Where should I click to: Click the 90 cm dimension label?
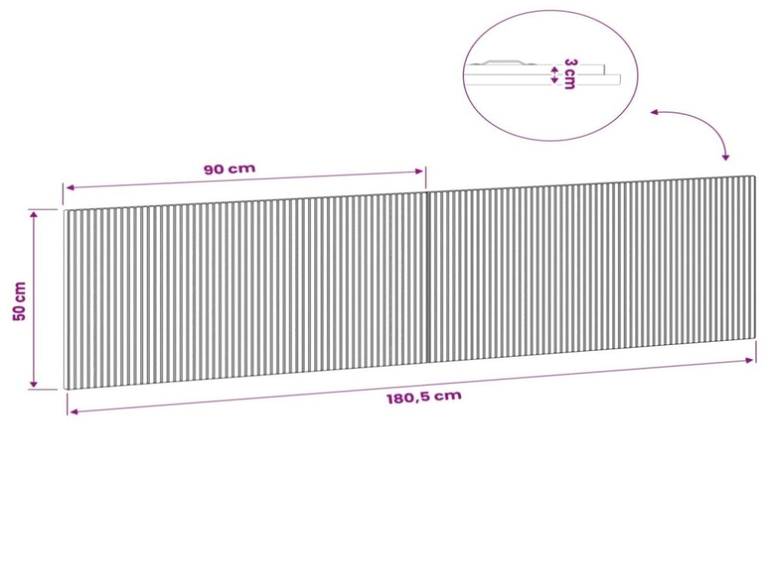coord(230,169)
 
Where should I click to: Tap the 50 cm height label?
coord(20,301)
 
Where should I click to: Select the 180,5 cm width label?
coord(424,397)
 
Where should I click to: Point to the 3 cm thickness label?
coord(570,74)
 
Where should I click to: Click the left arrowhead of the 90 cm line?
coord(70,187)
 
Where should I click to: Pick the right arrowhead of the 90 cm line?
coord(419,171)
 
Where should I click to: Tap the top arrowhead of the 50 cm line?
coord(33,213)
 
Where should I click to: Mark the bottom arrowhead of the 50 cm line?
coord(33,383)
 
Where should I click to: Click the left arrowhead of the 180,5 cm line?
coord(74,411)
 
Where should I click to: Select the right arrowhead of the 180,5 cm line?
coord(749,361)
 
